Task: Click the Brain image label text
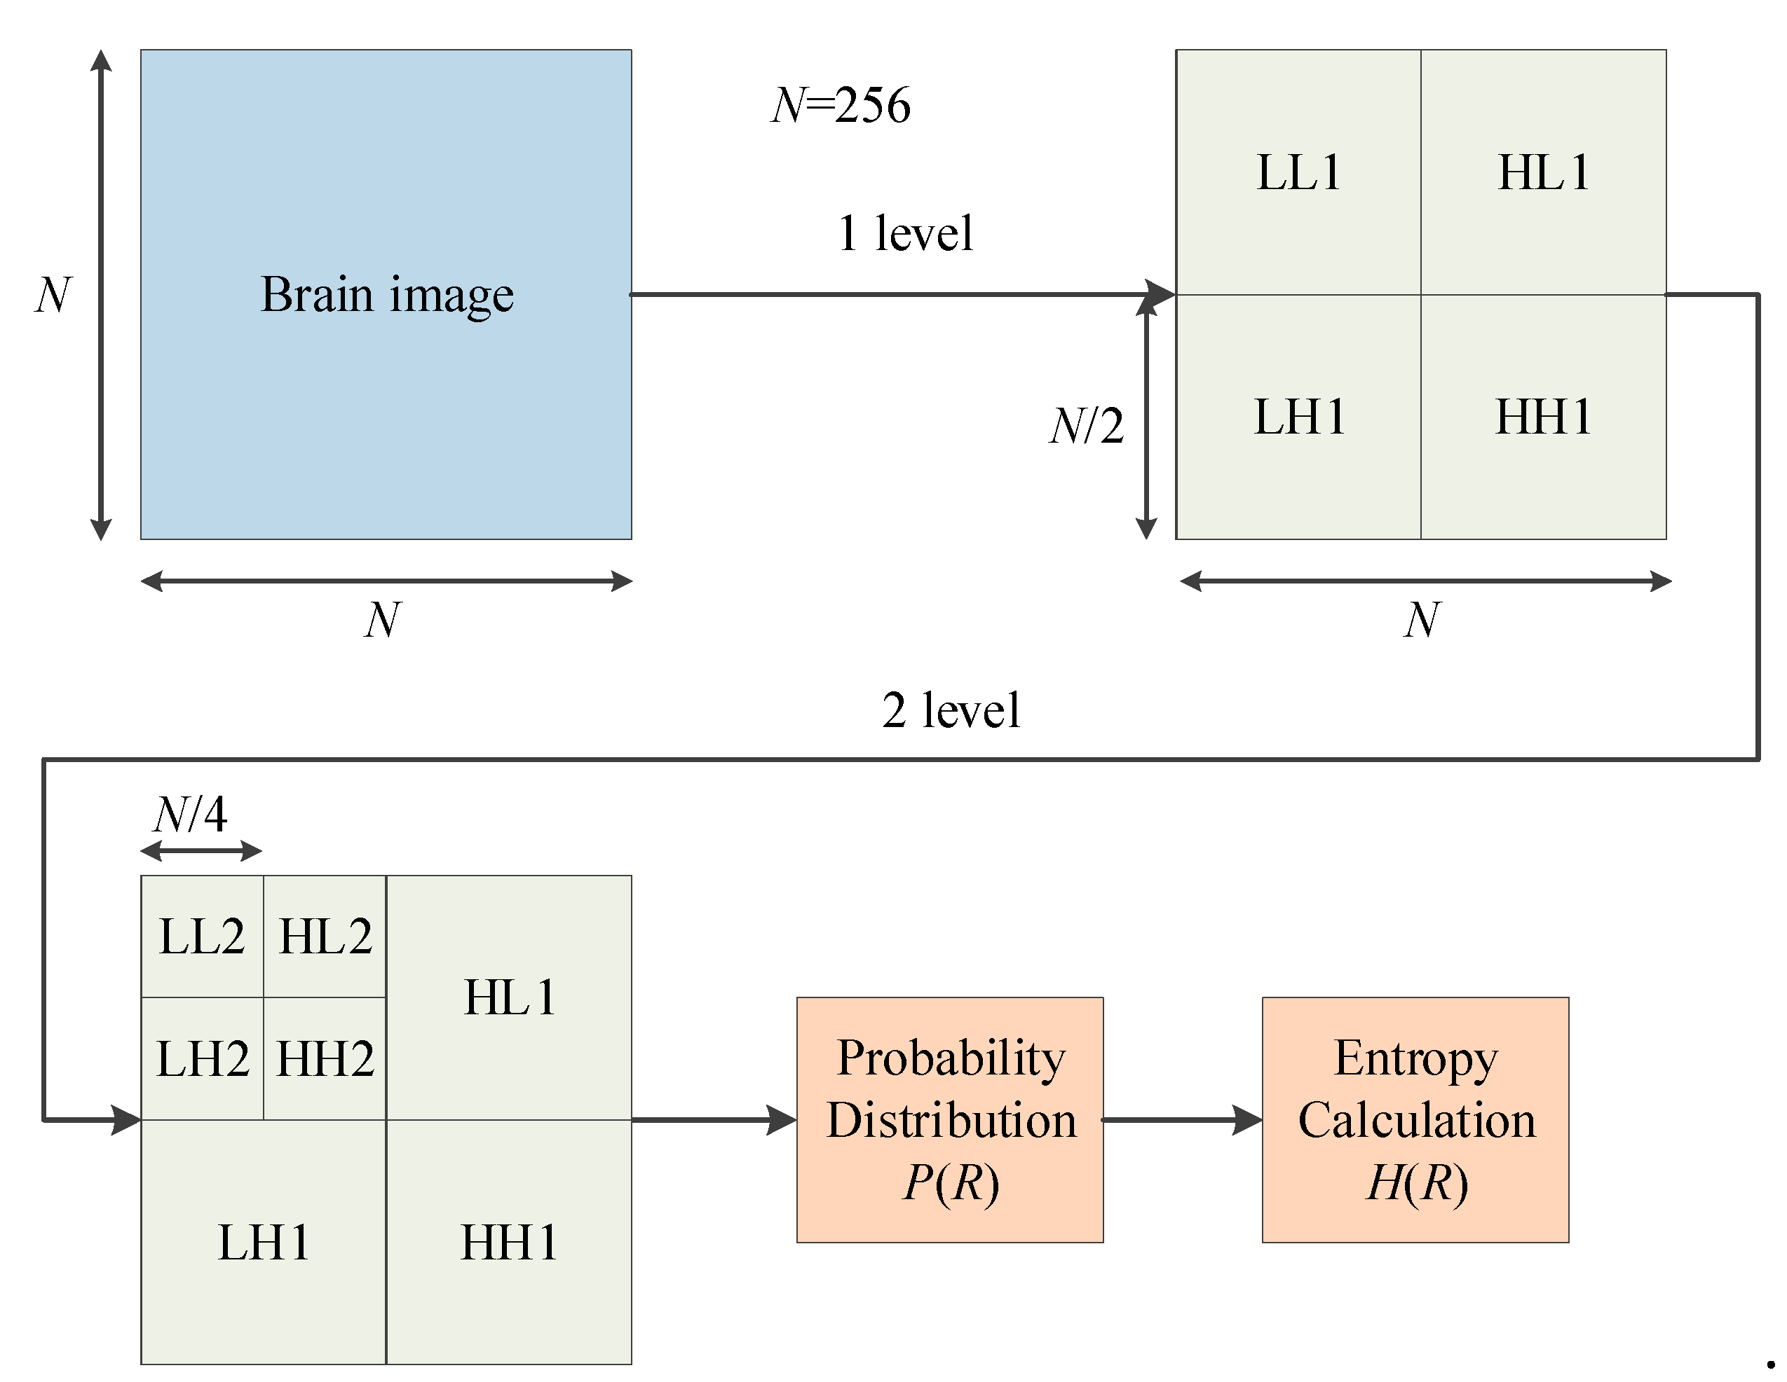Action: coord(386,294)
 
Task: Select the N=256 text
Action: coord(841,106)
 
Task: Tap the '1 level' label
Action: coord(905,233)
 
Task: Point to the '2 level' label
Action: coord(951,709)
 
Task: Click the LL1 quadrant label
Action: coord(1298,172)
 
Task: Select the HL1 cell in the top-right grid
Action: coord(1543,172)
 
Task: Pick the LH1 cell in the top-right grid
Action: coord(1298,416)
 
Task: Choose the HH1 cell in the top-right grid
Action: coord(1543,416)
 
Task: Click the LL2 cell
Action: coord(202,937)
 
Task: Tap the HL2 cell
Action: coord(325,937)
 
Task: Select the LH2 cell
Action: coord(202,1059)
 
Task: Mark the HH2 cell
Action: coord(325,1059)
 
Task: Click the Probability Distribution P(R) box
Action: coord(950,1119)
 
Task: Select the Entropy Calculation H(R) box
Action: coord(1415,1119)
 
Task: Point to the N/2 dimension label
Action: coord(1087,426)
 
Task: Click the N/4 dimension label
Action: coord(190,815)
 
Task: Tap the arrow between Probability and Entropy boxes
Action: coord(1181,1119)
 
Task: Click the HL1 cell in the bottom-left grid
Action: coord(509,997)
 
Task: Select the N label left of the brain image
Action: coord(54,294)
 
